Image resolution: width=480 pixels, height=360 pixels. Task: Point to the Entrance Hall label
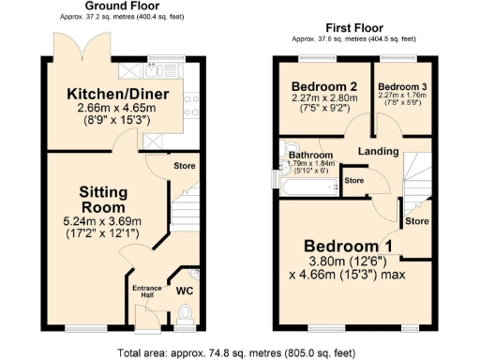pos(146,291)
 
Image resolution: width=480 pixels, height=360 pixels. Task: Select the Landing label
pos(381,151)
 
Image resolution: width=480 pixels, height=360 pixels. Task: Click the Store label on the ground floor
pos(184,166)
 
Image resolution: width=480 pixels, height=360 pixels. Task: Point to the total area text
pos(238,352)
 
